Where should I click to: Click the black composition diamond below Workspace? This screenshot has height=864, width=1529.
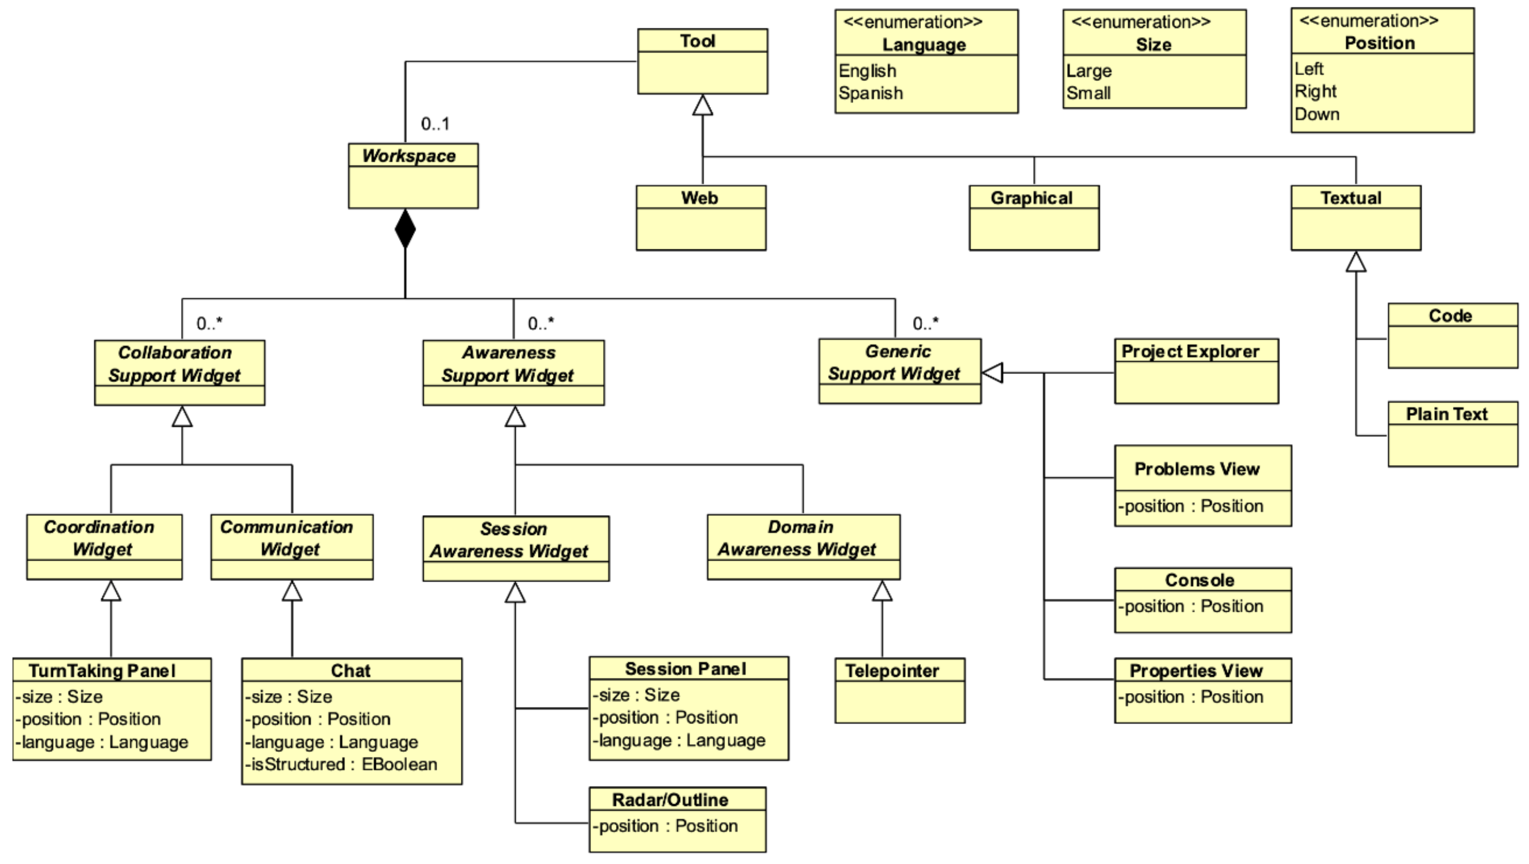coord(406,229)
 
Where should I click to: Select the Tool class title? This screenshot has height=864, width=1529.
coord(698,41)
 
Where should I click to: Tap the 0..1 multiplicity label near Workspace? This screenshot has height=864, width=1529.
coord(435,124)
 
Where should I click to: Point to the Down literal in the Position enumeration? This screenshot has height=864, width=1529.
coord(1317,114)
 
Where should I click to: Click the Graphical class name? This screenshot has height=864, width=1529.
coord(1032,198)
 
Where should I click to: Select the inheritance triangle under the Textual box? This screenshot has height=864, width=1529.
coord(1356,262)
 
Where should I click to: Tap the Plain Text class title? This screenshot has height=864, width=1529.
coord(1446,414)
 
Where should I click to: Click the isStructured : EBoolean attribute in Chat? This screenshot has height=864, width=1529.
coord(341,764)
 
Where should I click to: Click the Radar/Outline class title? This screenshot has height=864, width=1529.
coord(670,799)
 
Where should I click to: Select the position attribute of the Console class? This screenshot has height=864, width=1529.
coord(1191,606)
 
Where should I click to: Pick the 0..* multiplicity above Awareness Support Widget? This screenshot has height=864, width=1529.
coord(541,324)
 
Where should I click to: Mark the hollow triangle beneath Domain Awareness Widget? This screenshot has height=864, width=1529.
coord(882,591)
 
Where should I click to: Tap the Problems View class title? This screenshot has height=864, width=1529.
coord(1197,469)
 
